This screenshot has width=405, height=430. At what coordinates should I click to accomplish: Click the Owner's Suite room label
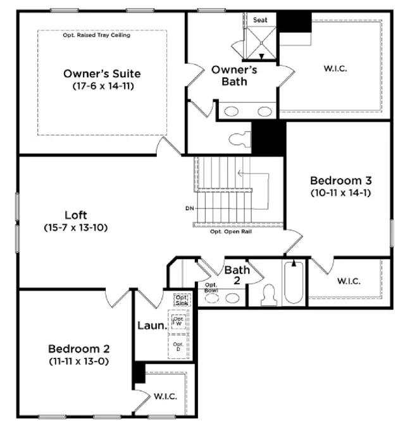pyautogui.click(x=102, y=73)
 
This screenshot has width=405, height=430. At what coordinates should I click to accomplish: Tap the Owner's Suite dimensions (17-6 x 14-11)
pyautogui.click(x=102, y=85)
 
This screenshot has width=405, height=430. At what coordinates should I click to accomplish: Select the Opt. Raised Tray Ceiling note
pyautogui.click(x=96, y=35)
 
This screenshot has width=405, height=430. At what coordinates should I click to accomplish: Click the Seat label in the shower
pyautogui.click(x=260, y=20)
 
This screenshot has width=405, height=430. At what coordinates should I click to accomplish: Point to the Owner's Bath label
pyautogui.click(x=234, y=75)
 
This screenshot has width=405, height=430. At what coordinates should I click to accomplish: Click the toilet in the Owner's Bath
pyautogui.click(x=240, y=139)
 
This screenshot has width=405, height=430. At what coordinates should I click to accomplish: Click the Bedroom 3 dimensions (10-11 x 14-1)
pyautogui.click(x=340, y=192)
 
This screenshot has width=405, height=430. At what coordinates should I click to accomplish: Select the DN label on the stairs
pyautogui.click(x=189, y=208)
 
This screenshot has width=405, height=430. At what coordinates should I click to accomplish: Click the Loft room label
pyautogui.click(x=76, y=214)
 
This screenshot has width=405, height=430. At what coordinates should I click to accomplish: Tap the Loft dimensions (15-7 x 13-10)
pyautogui.click(x=76, y=226)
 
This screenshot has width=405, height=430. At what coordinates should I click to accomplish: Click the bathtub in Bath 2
pyautogui.click(x=293, y=282)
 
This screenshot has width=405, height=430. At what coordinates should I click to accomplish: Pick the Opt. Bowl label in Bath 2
pyautogui.click(x=211, y=288)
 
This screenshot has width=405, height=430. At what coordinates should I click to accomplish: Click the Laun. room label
pyautogui.click(x=151, y=327)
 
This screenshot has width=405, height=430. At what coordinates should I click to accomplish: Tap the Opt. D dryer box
pyautogui.click(x=178, y=347)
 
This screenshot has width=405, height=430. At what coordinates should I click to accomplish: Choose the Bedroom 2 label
pyautogui.click(x=79, y=349)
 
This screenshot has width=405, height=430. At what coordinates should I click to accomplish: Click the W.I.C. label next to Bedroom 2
pyautogui.click(x=165, y=396)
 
